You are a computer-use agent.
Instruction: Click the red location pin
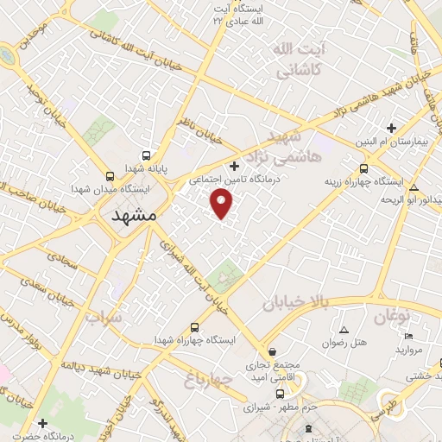click(223, 204)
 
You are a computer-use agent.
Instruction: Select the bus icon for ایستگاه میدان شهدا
click(109, 174)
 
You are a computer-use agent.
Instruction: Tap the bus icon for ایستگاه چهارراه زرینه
click(363, 169)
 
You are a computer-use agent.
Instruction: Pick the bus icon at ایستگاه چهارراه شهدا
click(194, 328)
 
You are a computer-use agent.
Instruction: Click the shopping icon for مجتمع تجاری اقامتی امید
click(273, 352)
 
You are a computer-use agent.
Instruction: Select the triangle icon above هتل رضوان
click(344, 331)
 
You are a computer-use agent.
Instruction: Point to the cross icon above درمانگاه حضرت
click(41, 423)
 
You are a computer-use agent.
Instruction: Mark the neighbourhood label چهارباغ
click(209, 379)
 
